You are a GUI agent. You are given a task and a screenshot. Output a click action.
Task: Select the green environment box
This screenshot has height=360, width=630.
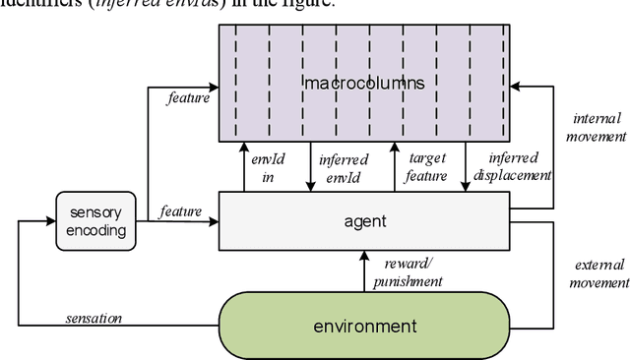coord(364,326)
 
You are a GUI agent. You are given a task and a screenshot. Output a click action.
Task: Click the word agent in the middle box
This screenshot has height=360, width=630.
coord(365,220)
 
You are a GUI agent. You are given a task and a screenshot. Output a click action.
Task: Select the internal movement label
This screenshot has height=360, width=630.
coord(596,128)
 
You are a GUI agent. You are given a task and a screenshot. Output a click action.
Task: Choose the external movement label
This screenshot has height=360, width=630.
coord(599,273)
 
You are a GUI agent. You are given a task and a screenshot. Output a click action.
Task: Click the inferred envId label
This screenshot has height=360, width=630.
coord(343,167)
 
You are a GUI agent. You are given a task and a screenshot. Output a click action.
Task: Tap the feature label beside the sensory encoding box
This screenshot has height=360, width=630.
coord(180,210)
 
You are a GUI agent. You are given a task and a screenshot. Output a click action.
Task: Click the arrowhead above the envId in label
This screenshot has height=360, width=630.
coord(243,145)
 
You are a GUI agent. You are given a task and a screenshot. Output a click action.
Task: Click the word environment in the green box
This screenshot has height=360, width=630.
coord(364,326)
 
